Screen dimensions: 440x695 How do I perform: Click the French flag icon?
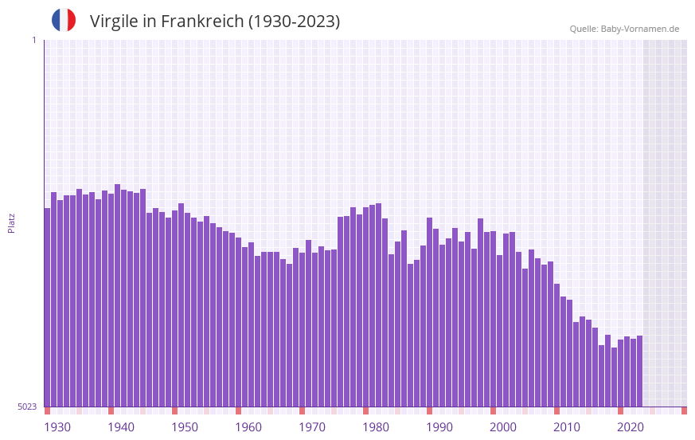[64, 21]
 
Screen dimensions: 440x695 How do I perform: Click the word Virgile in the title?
[115, 22]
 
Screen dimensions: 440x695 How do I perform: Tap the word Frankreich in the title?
[202, 22]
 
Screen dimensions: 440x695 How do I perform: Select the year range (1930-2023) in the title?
[294, 22]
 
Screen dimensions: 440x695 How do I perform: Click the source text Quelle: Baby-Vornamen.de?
[624, 29]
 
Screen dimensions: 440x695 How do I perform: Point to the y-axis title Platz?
[11, 222]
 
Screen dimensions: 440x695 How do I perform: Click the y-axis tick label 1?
[33, 40]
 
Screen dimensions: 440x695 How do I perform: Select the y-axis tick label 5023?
[27, 407]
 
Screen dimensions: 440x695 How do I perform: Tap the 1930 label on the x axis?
[57, 427]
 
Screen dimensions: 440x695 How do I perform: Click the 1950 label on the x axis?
[185, 427]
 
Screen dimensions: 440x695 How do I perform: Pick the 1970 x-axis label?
[312, 427]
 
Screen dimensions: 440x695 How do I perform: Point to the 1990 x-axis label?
[439, 427]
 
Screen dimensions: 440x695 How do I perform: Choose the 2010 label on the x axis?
[567, 427]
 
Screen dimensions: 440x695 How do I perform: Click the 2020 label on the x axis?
[631, 427]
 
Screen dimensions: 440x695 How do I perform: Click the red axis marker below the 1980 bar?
[365, 411]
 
